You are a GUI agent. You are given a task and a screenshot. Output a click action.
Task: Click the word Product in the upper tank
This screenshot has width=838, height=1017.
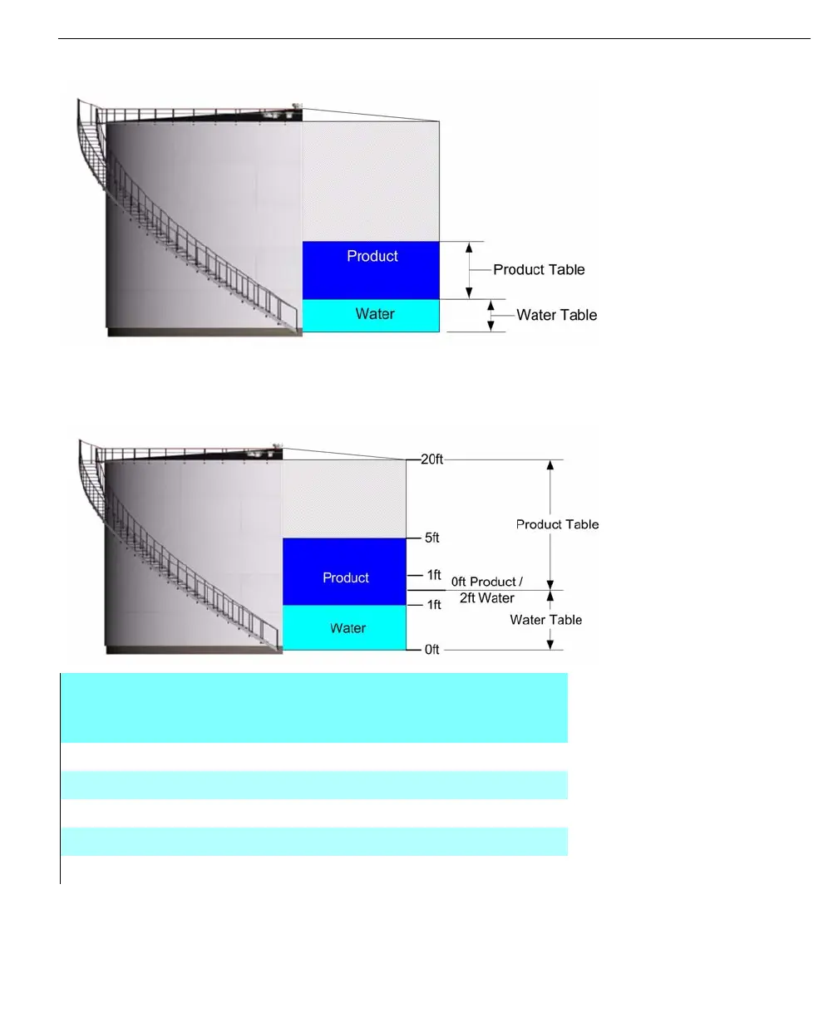click(372, 257)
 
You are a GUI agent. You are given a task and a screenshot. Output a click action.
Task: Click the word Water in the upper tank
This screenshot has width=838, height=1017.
click(375, 314)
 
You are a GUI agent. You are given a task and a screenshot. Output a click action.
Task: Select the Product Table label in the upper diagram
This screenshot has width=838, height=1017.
click(539, 270)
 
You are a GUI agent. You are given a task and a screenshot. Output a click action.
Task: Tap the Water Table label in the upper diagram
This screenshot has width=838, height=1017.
click(556, 316)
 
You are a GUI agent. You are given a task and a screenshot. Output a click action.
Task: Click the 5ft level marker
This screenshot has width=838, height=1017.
click(431, 538)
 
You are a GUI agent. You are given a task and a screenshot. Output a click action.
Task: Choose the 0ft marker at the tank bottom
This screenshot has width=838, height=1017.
click(431, 650)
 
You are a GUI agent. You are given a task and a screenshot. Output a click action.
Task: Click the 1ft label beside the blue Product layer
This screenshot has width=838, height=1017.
click(433, 575)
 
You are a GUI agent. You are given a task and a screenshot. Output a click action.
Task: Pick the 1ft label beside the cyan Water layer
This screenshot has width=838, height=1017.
click(433, 605)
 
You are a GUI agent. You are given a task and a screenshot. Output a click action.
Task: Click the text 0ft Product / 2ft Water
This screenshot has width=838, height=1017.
click(486, 590)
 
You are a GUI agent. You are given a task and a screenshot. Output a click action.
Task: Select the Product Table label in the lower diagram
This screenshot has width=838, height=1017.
click(557, 525)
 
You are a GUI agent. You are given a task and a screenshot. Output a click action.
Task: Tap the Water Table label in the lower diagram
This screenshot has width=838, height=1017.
click(545, 620)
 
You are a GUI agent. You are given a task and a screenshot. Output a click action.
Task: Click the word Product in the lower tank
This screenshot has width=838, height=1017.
click(346, 578)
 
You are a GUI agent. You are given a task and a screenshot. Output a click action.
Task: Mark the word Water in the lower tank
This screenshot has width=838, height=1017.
click(348, 629)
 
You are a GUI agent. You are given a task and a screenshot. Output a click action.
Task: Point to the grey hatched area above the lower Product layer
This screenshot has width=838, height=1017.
click(344, 499)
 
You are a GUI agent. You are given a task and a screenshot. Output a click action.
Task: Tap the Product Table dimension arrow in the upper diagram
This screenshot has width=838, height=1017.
click(469, 270)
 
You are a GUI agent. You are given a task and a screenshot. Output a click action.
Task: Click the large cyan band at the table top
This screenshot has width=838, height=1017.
click(314, 707)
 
